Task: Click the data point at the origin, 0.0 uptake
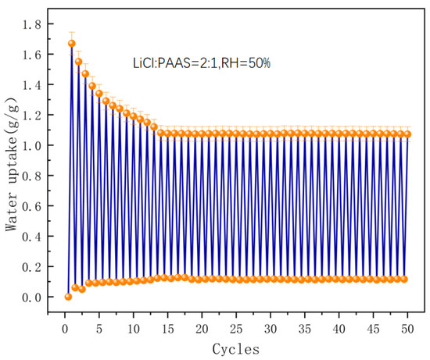68,297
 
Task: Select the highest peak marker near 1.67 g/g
72,44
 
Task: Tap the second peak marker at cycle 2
78,62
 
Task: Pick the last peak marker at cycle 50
407,134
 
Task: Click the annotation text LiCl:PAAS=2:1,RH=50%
202,63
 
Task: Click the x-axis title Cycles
236,349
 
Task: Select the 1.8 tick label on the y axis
31,25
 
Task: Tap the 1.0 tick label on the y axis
31,145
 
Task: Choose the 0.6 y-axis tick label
31,206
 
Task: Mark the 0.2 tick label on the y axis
31,266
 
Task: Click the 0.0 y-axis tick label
31,297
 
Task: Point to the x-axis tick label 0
65,329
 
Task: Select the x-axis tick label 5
99,329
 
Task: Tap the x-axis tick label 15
167,329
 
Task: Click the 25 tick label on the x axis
236,329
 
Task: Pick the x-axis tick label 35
305,329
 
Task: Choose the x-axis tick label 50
407,329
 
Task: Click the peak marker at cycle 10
133,116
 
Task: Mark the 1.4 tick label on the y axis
31,85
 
